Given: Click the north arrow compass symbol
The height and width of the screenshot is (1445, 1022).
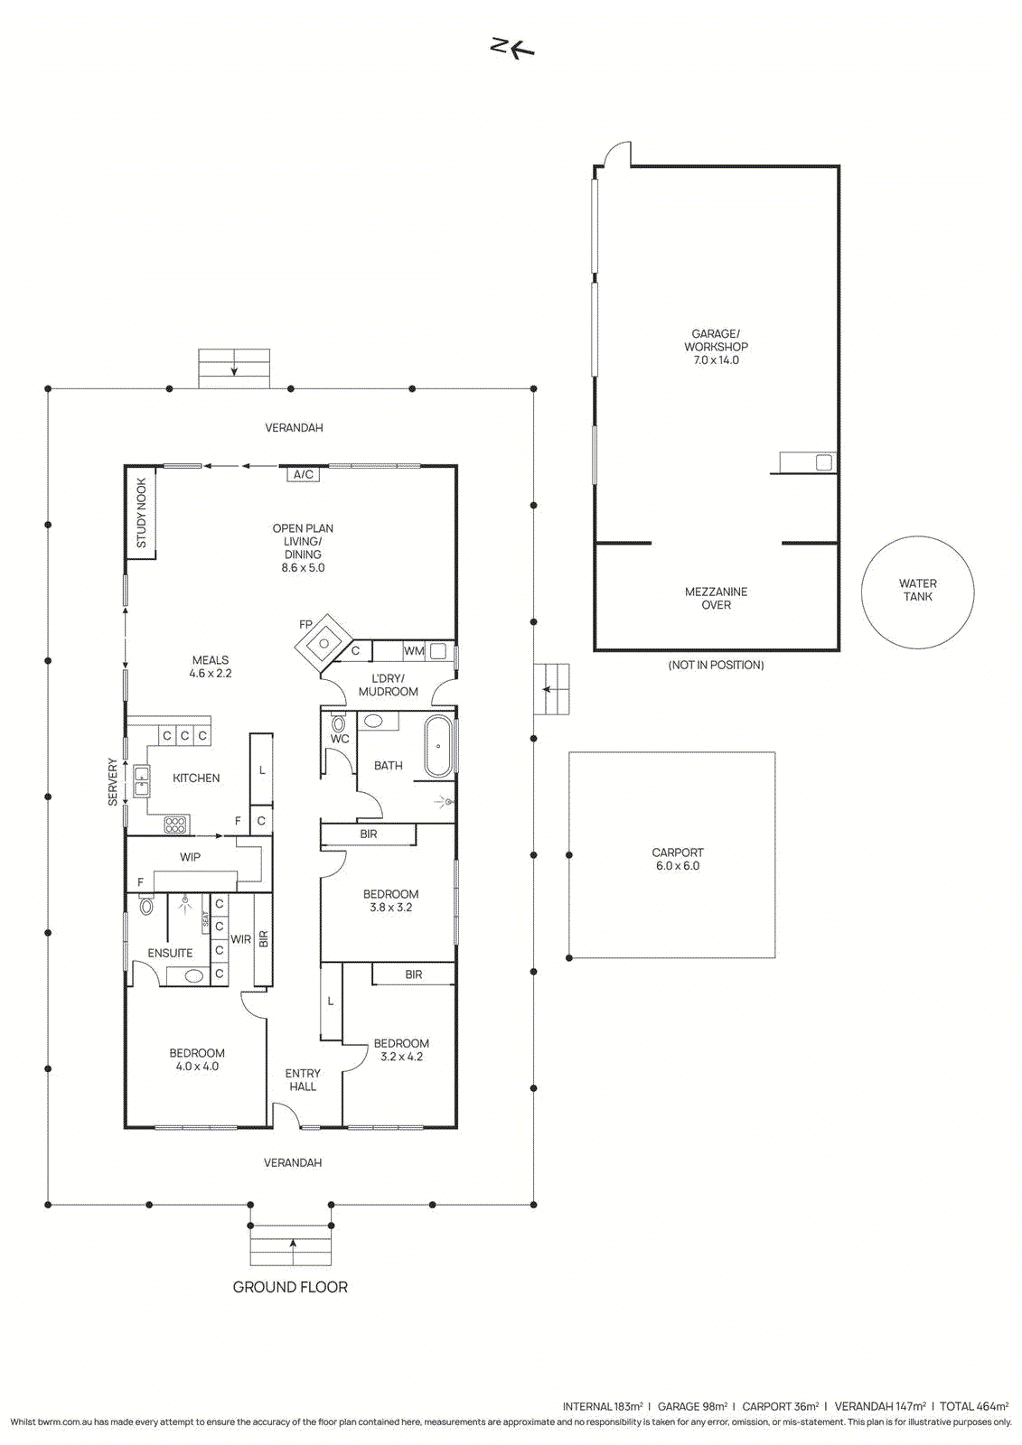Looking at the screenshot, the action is [x=512, y=49].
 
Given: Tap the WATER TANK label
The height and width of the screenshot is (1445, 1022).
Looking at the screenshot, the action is [x=917, y=591].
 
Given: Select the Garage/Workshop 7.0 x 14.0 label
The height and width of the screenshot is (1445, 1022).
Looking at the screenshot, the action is [x=716, y=347].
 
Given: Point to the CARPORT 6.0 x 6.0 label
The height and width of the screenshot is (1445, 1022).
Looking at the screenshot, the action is [x=678, y=859].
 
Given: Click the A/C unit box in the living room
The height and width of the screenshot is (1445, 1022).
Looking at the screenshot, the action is [x=303, y=475].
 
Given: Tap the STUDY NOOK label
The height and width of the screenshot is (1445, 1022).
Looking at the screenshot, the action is [x=141, y=513].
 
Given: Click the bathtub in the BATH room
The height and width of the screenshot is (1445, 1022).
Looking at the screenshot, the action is [x=437, y=746].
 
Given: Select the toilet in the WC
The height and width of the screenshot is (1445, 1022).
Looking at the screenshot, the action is [x=338, y=722].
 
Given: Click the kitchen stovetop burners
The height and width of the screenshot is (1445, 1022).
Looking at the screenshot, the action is [x=176, y=825].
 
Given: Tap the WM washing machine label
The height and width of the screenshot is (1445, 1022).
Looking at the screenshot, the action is [x=414, y=651].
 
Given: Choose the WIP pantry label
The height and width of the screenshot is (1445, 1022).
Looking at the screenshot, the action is [x=190, y=857].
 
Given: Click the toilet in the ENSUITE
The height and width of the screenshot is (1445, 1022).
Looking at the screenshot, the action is [x=146, y=905].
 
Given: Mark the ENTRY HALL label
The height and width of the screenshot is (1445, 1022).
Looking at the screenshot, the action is [x=303, y=1080].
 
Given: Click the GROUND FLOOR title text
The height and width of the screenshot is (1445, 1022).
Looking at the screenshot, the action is [x=290, y=1287].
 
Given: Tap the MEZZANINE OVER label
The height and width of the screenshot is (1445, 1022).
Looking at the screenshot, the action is [x=716, y=598].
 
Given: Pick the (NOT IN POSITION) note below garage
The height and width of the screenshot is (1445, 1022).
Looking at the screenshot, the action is [x=716, y=665].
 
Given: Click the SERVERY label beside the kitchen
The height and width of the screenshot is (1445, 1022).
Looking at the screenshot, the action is [x=113, y=782].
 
